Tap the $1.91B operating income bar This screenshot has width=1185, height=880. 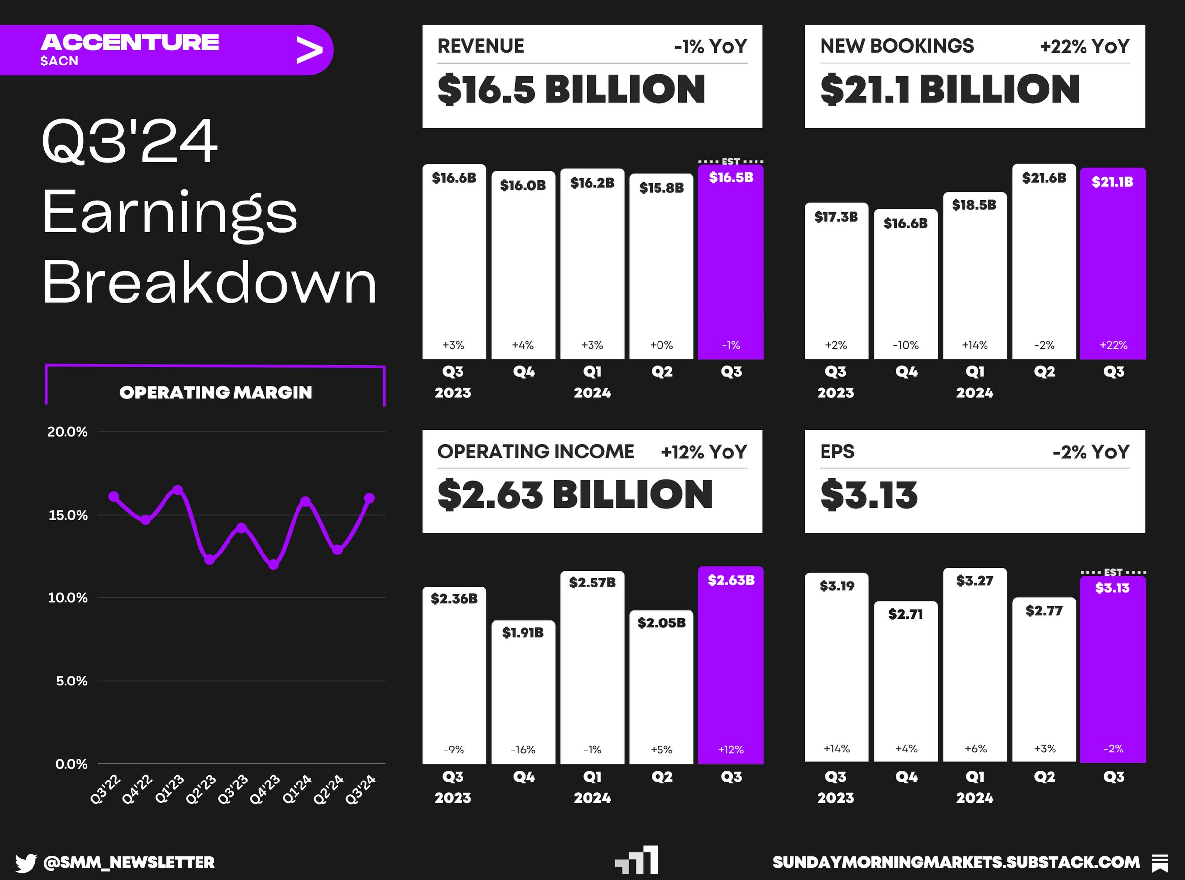pos(523,692)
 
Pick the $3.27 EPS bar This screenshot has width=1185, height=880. pos(975,666)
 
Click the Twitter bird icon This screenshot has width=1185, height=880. pos(26,862)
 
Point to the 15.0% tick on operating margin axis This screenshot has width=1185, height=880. pos(67,515)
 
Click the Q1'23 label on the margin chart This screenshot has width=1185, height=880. pos(169,788)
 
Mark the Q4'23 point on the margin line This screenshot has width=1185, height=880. pos(273,565)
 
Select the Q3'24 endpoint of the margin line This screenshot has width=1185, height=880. pos(369,498)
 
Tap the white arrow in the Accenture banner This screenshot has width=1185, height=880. pos(310,51)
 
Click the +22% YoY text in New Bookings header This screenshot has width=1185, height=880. pos(1085,47)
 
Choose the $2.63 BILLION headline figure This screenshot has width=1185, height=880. pos(574,494)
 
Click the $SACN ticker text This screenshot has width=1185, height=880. pos(59,61)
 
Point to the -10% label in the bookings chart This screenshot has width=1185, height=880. pos(905,345)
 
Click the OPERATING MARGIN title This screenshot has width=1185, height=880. pos(215,392)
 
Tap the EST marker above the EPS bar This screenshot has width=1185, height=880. pos(1113,572)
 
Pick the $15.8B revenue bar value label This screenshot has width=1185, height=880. pos(661,188)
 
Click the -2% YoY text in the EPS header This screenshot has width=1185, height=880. pos(1091,452)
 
